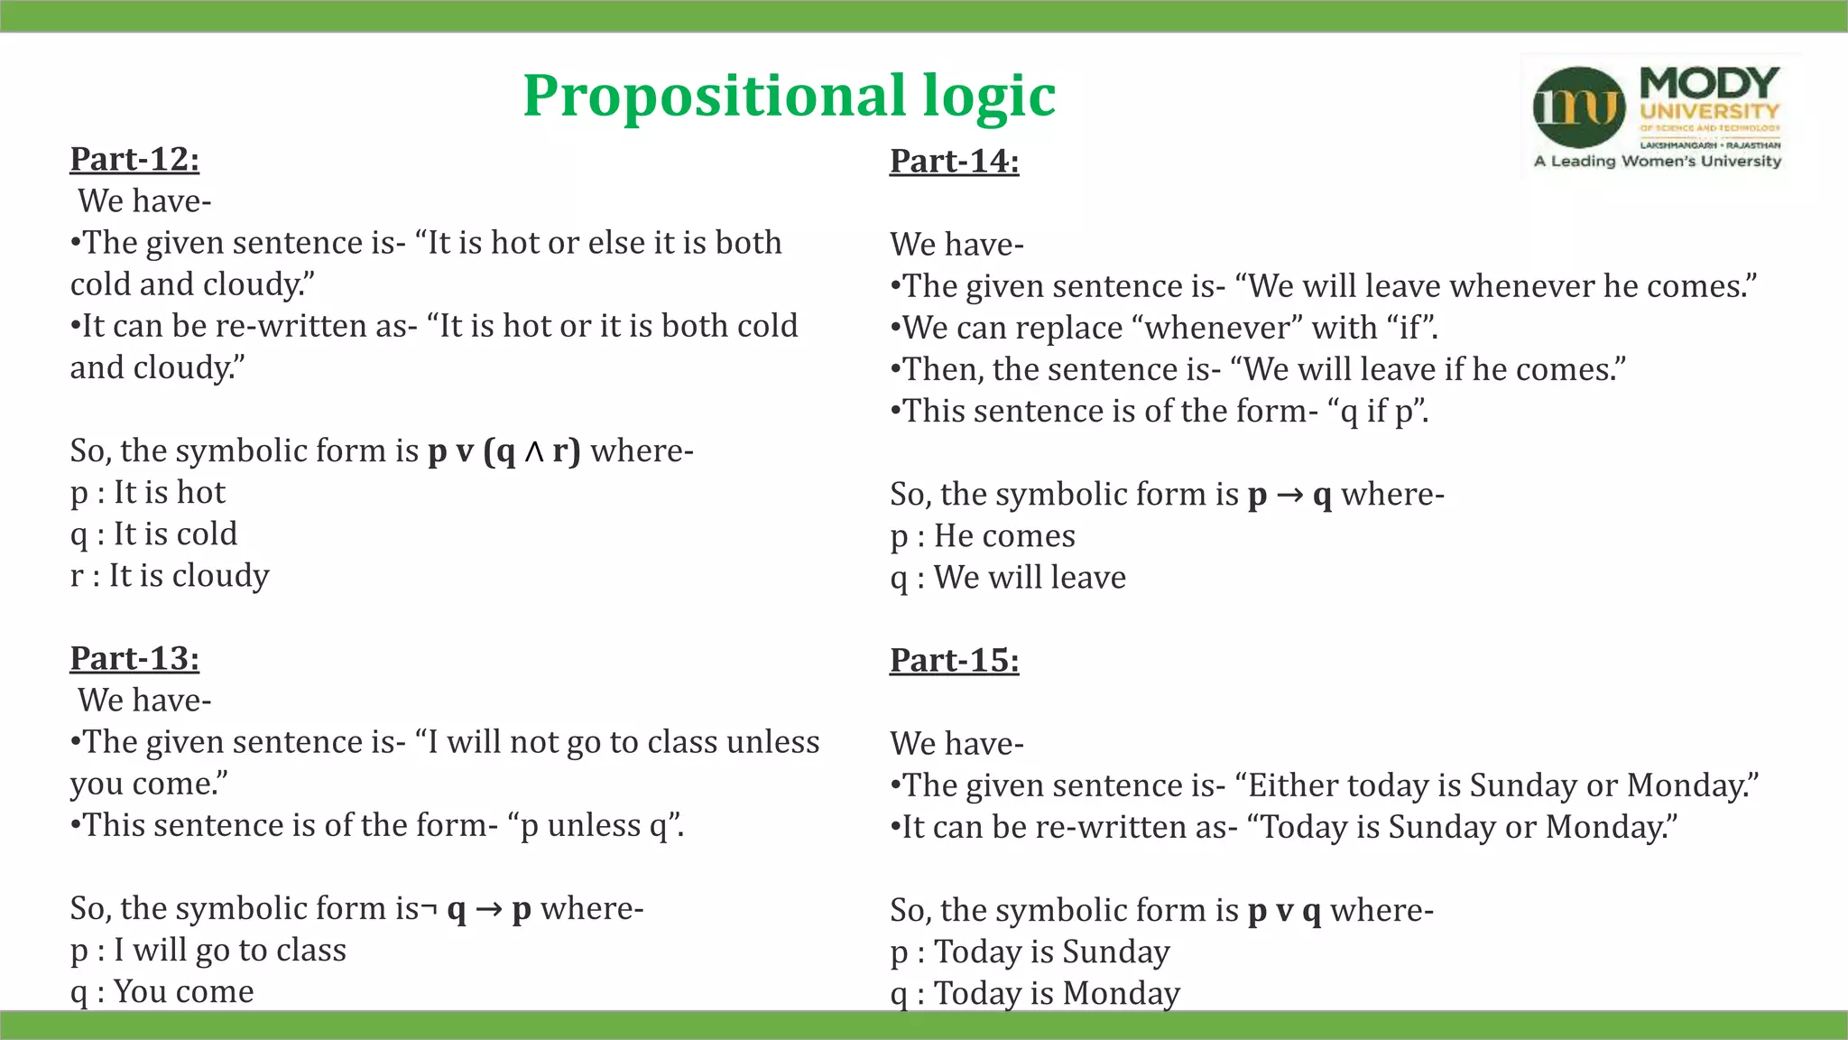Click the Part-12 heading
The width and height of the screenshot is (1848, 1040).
click(x=134, y=159)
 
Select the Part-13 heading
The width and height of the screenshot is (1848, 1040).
click(x=134, y=658)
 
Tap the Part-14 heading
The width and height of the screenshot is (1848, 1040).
click(x=954, y=161)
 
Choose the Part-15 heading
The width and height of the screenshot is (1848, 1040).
click(x=954, y=660)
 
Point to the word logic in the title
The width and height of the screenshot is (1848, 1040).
click(x=989, y=96)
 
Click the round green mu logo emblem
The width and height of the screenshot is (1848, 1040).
click(x=1578, y=107)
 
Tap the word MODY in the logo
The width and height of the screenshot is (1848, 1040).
click(x=1709, y=83)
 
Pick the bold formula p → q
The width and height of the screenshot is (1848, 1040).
click(x=1289, y=495)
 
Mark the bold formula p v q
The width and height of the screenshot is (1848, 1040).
click(x=1284, y=911)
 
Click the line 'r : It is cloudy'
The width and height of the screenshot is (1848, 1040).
click(x=170, y=576)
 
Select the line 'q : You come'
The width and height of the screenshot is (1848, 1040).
click(x=162, y=991)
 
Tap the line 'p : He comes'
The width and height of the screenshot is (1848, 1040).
click(x=983, y=536)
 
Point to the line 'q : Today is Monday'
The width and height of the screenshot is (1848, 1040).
click(x=1035, y=993)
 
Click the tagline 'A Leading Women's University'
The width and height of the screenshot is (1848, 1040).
click(x=1658, y=162)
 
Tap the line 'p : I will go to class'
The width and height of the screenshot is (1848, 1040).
click(x=208, y=950)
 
